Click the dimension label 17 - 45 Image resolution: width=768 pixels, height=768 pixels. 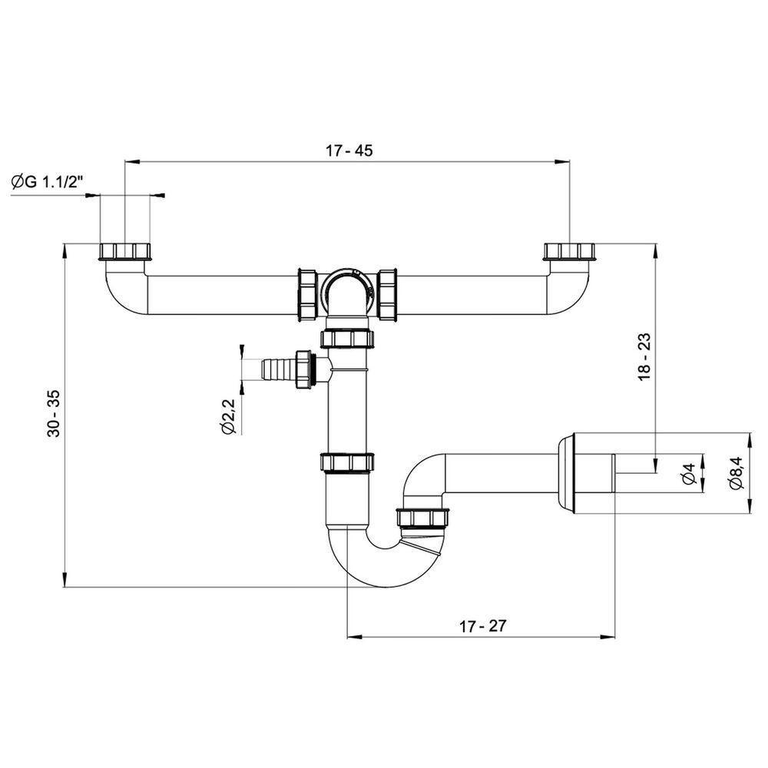point(349,151)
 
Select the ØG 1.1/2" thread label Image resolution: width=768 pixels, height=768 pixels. point(48,182)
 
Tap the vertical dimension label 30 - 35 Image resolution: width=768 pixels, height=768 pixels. point(54,413)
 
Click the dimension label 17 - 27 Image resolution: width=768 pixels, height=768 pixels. point(482,625)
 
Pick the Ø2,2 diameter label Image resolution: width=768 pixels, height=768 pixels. point(229,416)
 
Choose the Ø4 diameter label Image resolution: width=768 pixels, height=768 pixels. point(689,473)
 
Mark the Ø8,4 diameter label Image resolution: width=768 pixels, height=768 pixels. point(737,472)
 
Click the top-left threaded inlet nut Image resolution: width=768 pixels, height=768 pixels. point(125,251)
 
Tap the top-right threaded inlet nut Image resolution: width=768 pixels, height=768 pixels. point(568,251)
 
